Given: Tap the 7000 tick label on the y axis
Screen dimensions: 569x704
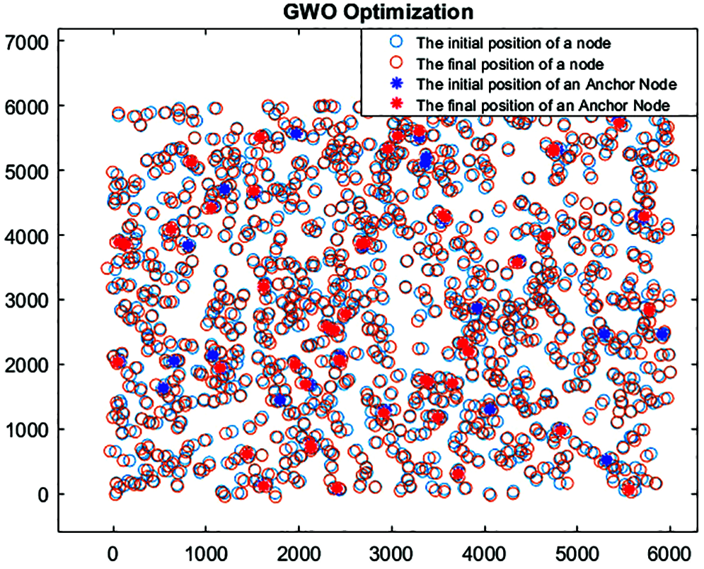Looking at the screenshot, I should click(x=26, y=42).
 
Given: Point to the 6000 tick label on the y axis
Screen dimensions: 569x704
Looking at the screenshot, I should click(x=26, y=106).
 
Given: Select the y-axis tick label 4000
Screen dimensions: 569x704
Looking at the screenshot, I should click(x=26, y=235).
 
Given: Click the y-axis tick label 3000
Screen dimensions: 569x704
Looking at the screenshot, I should click(x=26, y=300).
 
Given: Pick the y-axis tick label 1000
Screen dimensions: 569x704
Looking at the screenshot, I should click(x=26, y=430).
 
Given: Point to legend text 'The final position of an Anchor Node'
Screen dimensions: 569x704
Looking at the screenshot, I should click(x=543, y=105).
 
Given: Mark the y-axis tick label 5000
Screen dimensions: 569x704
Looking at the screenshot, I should click(x=26, y=171).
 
